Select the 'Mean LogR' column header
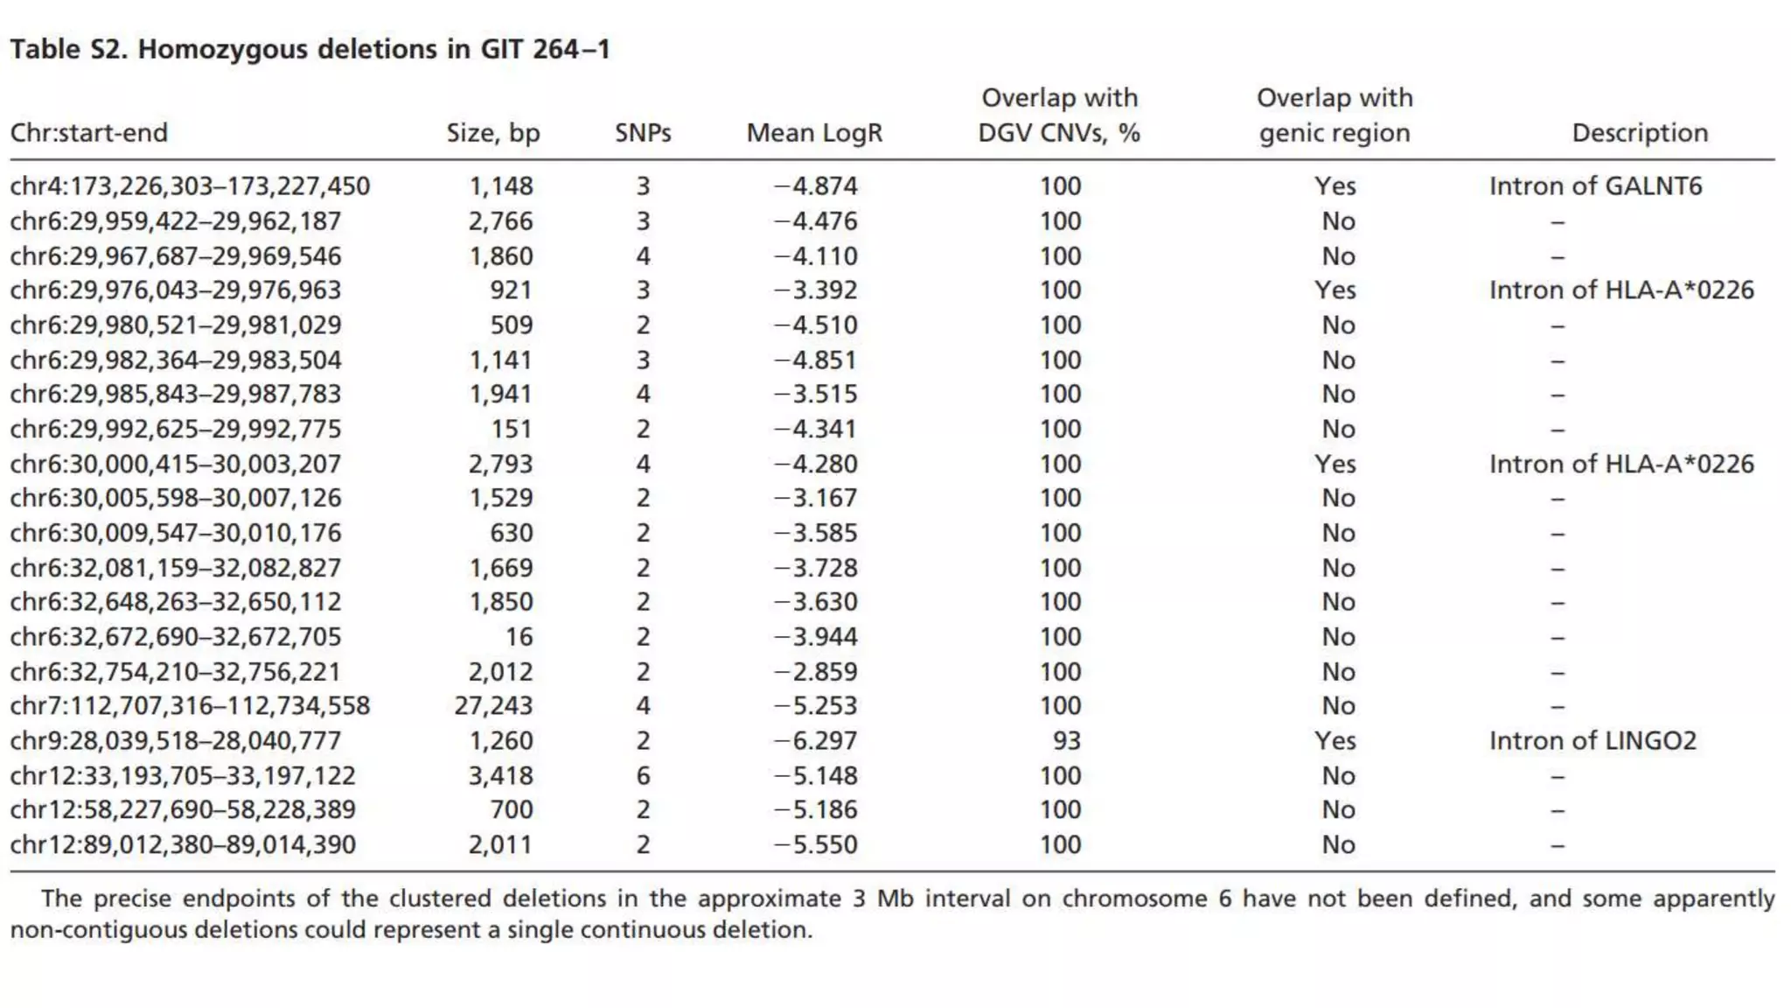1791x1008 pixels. [814, 133]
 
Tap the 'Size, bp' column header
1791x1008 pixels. [493, 133]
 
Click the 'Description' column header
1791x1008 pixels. [1640, 133]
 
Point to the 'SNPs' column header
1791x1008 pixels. [643, 133]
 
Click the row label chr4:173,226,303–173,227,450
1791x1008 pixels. [190, 186]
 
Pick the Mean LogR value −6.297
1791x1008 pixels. [815, 741]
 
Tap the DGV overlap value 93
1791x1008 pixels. [1066, 741]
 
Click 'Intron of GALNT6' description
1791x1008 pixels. [1595, 186]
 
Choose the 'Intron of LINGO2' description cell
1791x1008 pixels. [1592, 741]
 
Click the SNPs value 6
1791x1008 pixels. [643, 776]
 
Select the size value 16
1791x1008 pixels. [519, 637]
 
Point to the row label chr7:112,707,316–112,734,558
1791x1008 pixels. [190, 706]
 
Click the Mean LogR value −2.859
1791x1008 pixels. [815, 672]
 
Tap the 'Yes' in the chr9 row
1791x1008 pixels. [1335, 741]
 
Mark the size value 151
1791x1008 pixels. [511, 429]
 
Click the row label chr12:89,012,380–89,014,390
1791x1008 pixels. [183, 845]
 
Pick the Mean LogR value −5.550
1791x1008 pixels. [815, 845]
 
